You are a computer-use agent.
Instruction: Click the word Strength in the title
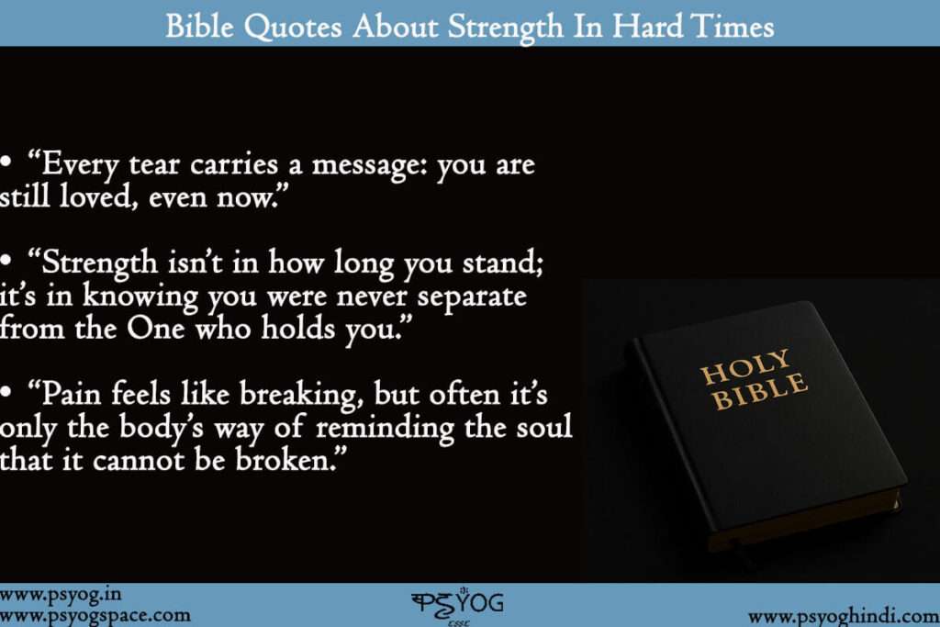pyautogui.click(x=506, y=28)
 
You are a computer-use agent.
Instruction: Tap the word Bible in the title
pyautogui.click(x=199, y=27)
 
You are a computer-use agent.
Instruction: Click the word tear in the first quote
pyautogui.click(x=154, y=165)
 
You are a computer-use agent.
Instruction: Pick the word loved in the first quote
pyautogui.click(x=95, y=196)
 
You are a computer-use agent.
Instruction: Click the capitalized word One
pyautogui.click(x=155, y=329)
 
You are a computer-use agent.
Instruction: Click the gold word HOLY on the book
pyautogui.click(x=745, y=366)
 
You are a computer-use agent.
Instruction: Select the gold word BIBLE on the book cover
pyautogui.click(x=759, y=391)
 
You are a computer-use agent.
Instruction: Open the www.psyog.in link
pyautogui.click(x=61, y=595)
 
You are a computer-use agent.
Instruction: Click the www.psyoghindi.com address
pyautogui.click(x=844, y=617)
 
